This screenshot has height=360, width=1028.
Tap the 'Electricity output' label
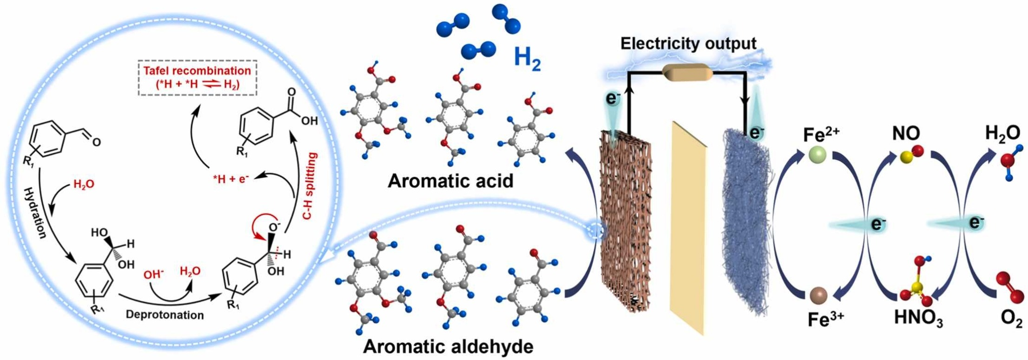click(x=688, y=44)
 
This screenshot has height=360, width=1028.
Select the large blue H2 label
click(x=527, y=60)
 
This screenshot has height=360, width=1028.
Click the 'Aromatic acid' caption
click(x=450, y=181)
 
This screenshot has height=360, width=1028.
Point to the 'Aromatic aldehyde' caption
click(x=448, y=346)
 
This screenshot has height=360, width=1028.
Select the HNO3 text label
click(x=918, y=319)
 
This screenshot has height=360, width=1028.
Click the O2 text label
click(x=1011, y=320)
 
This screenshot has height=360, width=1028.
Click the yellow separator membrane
click(x=688, y=228)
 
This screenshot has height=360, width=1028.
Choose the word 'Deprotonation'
click(x=165, y=314)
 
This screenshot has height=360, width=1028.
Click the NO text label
click(x=906, y=134)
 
